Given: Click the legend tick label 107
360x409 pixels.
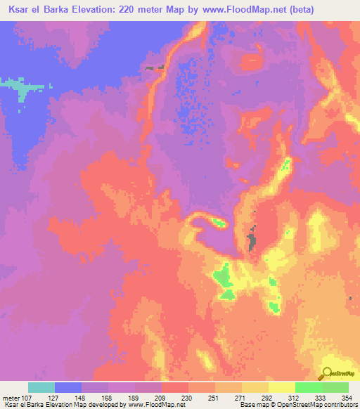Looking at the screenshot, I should [27, 397].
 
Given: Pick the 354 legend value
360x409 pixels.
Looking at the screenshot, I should [347, 397].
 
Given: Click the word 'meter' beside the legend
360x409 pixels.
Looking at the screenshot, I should [11, 397].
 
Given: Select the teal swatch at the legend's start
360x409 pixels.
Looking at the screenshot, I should [41, 387].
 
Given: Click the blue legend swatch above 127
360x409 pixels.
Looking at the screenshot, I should [67, 387].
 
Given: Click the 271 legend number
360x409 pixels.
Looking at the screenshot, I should [230, 397].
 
